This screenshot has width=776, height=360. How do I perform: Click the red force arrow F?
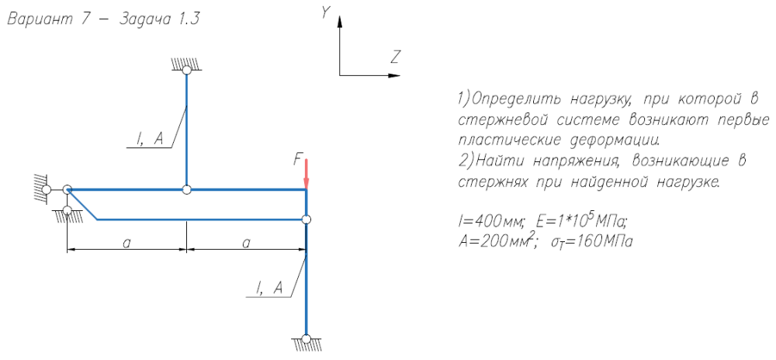307,173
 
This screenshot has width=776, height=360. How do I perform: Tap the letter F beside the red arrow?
297,160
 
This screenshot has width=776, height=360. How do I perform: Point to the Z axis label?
395,57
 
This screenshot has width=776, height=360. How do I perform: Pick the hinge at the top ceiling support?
186,71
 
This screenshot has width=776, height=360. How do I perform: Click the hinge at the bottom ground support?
307,338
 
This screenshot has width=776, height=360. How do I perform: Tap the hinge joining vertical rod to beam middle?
186,189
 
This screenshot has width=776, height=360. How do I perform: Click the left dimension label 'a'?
126,242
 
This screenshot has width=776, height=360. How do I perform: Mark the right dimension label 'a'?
246,242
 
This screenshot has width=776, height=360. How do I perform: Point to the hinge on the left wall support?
47,189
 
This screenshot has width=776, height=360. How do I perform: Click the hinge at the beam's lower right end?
307,220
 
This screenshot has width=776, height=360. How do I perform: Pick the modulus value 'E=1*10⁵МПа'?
578,223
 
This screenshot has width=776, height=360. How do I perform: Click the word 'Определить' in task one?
510,100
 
